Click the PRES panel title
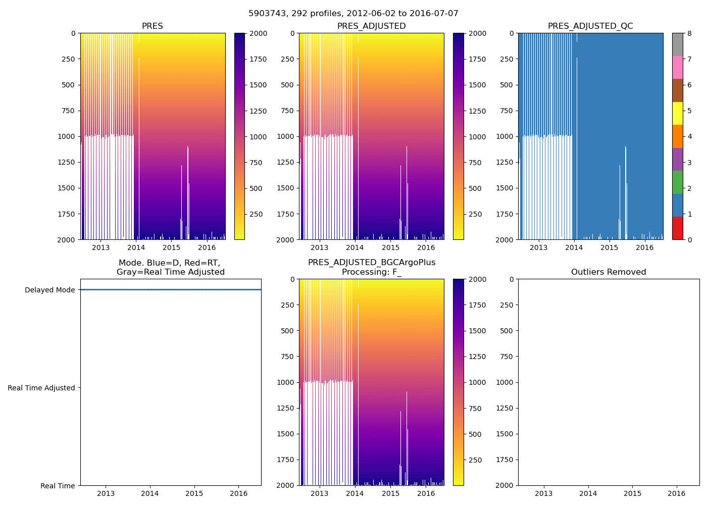click(152, 26)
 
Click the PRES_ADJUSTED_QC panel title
click(590, 26)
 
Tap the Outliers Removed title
click(608, 272)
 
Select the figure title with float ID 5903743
click(353, 14)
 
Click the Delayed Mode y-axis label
click(49, 290)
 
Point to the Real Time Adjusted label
click(41, 388)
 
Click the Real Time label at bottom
click(58, 486)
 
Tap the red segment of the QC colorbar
click(677, 228)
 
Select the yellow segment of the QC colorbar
click(677, 113)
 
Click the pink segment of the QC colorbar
click(677, 67)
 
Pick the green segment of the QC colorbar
click(677, 182)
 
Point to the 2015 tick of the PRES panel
click(171, 247)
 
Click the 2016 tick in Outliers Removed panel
click(677, 493)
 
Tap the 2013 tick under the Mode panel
click(106, 493)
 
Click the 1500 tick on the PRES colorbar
click(258, 85)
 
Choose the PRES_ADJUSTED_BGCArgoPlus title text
click(372, 263)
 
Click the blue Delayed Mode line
click(171, 290)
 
